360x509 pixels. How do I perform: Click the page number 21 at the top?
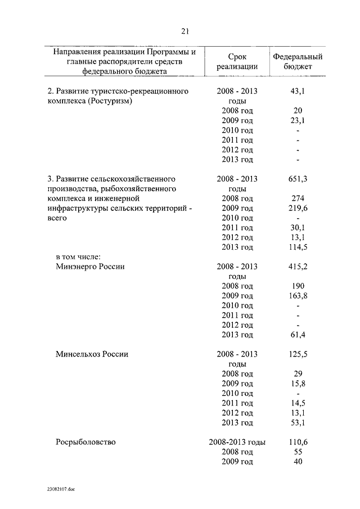pyautogui.click(x=185, y=30)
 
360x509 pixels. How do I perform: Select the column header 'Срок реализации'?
pyautogui.click(x=237, y=62)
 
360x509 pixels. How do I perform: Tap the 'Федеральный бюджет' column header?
pyautogui.click(x=297, y=62)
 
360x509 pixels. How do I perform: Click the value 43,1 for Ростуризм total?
pyautogui.click(x=298, y=91)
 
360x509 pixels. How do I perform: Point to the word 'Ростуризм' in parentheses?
pyautogui.click(x=111, y=101)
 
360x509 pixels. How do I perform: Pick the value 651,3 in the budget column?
pyautogui.click(x=298, y=179)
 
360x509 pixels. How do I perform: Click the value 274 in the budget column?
pyautogui.click(x=298, y=199)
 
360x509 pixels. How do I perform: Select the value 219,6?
pyautogui.click(x=298, y=208)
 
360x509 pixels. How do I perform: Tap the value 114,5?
pyautogui.click(x=298, y=247)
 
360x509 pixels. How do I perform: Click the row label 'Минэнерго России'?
pyautogui.click(x=90, y=267)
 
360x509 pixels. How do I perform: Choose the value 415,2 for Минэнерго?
pyautogui.click(x=298, y=267)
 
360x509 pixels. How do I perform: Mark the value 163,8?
pyautogui.click(x=298, y=296)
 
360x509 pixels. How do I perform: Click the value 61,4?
pyautogui.click(x=298, y=335)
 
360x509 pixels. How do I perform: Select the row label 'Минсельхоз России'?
pyautogui.click(x=92, y=354)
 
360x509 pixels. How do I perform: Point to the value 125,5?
pyautogui.click(x=298, y=354)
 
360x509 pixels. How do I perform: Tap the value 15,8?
pyautogui.click(x=298, y=384)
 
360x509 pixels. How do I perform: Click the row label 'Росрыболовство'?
pyautogui.click(x=86, y=442)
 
